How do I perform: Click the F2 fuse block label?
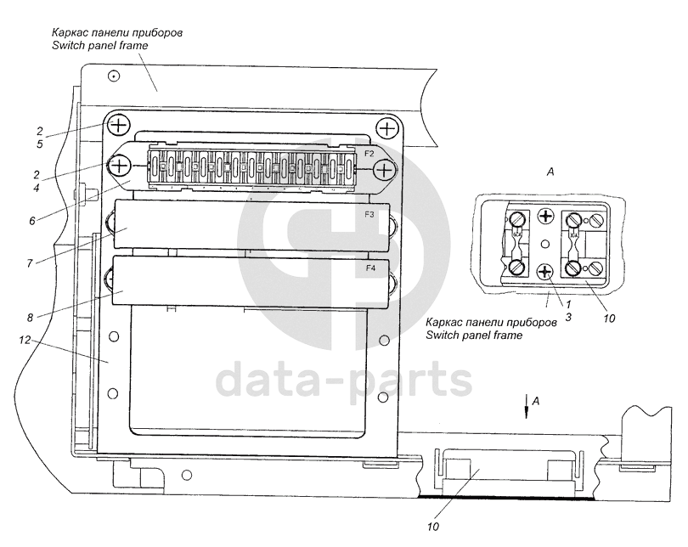pyautogui.click(x=369, y=154)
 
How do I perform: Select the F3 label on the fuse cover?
pyautogui.click(x=369, y=215)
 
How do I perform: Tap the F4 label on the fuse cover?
pyautogui.click(x=370, y=268)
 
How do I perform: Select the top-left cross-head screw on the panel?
pyautogui.click(x=118, y=126)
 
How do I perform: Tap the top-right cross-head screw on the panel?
pyautogui.click(x=388, y=128)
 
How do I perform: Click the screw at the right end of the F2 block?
pyautogui.click(x=385, y=171)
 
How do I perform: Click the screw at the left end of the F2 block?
pyautogui.click(x=119, y=164)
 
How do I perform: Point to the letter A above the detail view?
pyautogui.click(x=550, y=172)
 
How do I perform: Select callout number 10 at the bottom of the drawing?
pyautogui.click(x=434, y=527)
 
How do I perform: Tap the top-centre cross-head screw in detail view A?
pyautogui.click(x=546, y=217)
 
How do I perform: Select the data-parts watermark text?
pyautogui.click(x=342, y=383)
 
